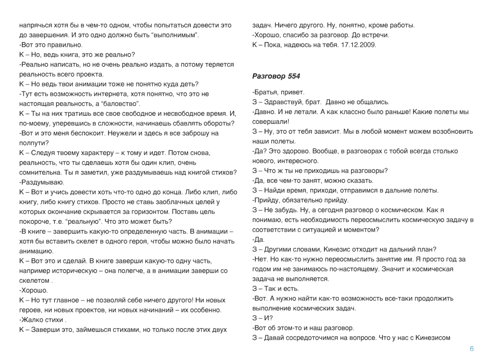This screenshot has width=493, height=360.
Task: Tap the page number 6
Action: [472, 349]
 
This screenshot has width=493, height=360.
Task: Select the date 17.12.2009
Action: [359, 45]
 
